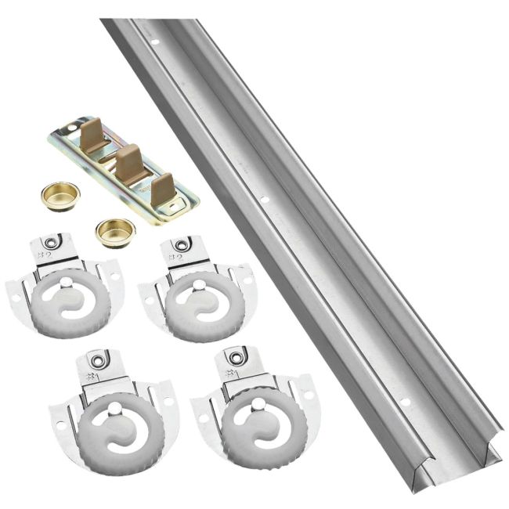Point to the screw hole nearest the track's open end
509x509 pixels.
click(x=406, y=403)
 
